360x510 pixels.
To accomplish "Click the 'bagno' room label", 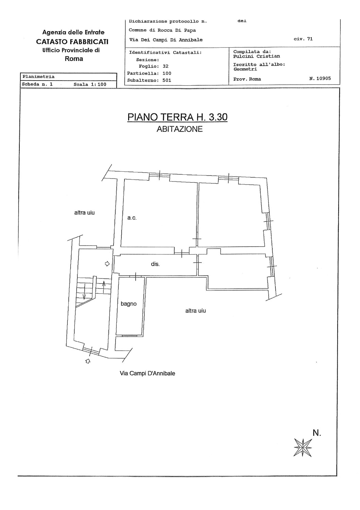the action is pos(128,304).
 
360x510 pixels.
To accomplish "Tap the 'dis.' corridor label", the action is pos(155,264).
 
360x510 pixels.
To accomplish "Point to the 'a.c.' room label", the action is pos(132,218).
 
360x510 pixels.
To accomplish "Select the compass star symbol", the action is pos(303,447).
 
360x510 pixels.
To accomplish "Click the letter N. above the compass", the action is pos(317,433).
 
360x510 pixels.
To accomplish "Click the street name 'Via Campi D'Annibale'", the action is pos(148,373).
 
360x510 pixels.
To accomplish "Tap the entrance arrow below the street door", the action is pos(88,361).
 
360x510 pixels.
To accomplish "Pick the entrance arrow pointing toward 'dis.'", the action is pos(107,263).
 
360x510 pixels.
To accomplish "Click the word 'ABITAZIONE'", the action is pos(179,129).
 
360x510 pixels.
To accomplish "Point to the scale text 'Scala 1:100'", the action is pos(90,84).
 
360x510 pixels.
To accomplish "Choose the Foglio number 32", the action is pos(166,66).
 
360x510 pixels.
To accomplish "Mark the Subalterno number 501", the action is pos(167,80).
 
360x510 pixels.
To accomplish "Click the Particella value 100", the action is pos(167,73).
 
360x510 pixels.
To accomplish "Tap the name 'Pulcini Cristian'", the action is pos(257,56).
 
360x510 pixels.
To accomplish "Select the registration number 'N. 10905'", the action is pos(320,78).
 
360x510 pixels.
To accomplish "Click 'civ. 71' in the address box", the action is pos(303,39).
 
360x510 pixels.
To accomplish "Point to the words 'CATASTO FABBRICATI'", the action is pos(72,42).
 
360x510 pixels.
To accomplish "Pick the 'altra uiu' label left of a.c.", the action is pos(85,213).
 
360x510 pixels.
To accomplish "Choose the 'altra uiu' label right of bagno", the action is pos(195,311).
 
